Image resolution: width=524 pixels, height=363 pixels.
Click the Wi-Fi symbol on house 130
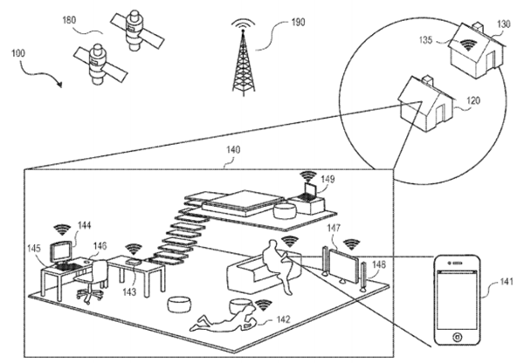click(468, 39)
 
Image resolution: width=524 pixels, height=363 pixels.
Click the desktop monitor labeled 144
click(61, 251)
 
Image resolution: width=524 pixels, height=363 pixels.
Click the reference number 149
click(327, 182)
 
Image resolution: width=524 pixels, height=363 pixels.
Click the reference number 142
click(284, 320)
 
